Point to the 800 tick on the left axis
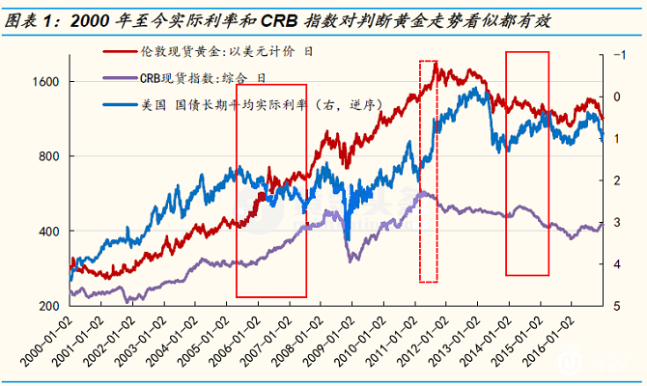(x=47, y=156)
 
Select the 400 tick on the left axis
(x=47, y=232)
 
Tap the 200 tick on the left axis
(x=47, y=306)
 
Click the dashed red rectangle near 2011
(x=428, y=172)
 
